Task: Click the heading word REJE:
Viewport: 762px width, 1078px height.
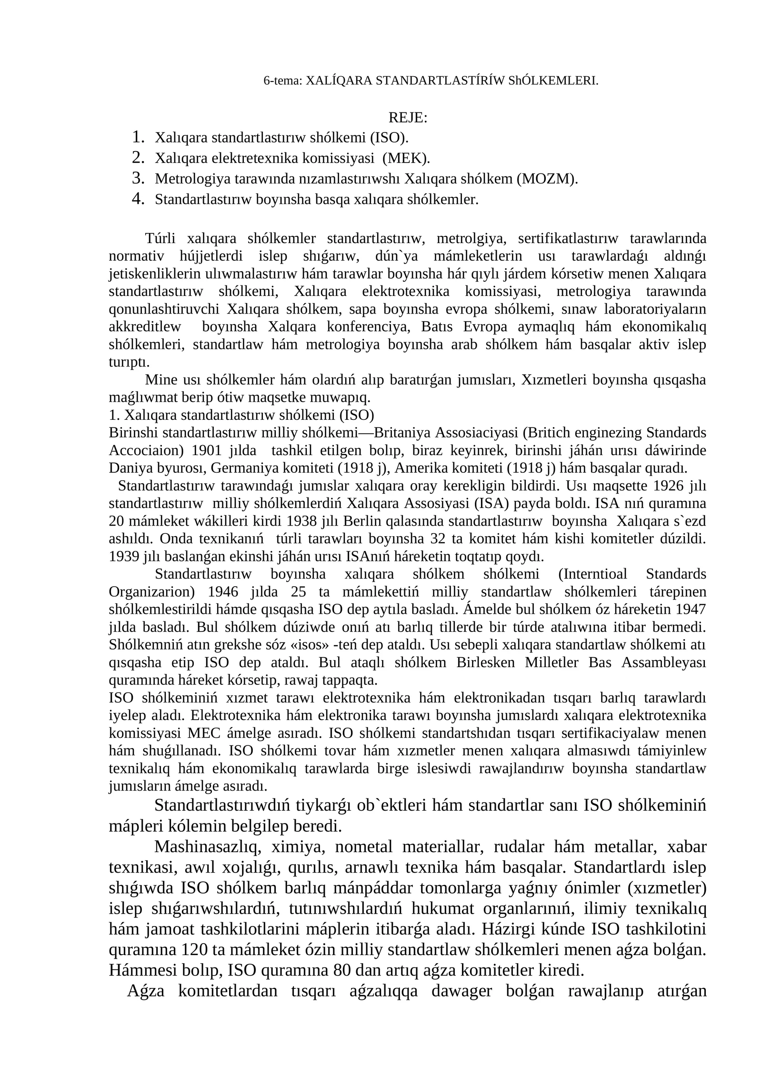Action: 408,117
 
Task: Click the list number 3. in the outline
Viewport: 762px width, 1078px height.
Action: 138,178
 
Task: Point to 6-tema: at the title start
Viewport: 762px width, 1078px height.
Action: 283,81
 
